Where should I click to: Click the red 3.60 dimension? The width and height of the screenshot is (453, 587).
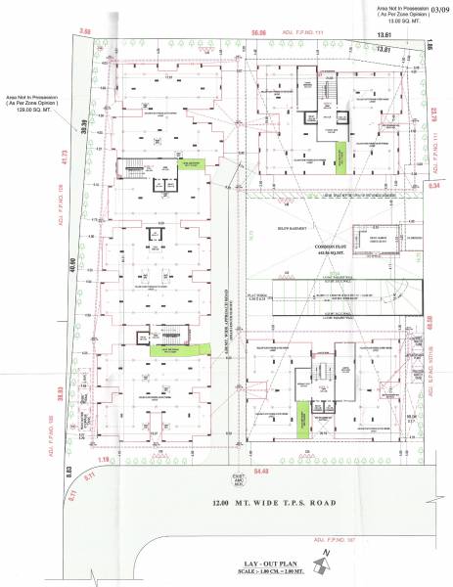[x=85, y=32]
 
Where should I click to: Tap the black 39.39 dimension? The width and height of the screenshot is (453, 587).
[x=84, y=130]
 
